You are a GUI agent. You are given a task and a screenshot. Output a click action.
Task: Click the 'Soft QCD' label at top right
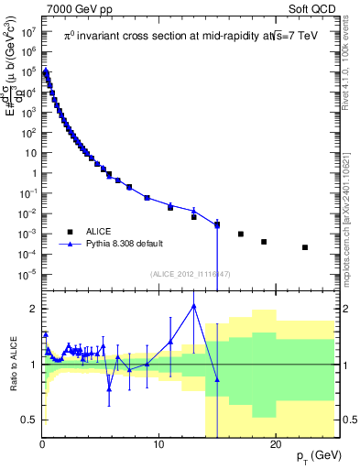pos(315,8)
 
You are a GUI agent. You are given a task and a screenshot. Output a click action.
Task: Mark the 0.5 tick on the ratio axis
pos(30,420)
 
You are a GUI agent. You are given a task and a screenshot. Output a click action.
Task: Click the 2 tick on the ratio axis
pos(34,309)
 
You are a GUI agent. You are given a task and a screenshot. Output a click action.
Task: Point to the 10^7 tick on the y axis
pos(28,30)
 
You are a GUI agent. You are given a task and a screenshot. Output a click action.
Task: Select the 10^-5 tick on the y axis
pos(27,274)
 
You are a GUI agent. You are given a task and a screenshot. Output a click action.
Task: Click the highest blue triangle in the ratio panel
pos(194,306)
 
